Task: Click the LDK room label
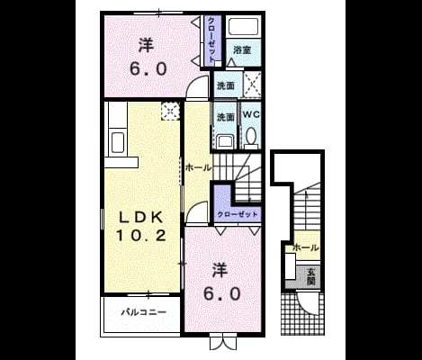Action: click(x=141, y=217)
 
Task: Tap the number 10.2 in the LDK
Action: click(x=141, y=235)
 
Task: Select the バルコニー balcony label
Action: click(x=144, y=312)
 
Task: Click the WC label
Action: click(x=251, y=114)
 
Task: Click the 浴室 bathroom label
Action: click(x=242, y=50)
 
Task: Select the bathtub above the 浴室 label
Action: click(x=243, y=27)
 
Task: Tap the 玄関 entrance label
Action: click(x=310, y=276)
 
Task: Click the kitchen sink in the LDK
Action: click(x=118, y=143)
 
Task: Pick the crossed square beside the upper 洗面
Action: click(x=252, y=85)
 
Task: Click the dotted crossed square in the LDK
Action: click(x=170, y=112)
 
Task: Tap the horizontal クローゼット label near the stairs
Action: click(x=238, y=215)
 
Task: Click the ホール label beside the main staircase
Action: click(x=198, y=168)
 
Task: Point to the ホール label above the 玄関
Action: click(x=305, y=248)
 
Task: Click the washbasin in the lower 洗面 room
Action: click(x=225, y=142)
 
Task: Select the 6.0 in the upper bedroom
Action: click(x=148, y=69)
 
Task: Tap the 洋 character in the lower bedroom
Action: click(x=220, y=270)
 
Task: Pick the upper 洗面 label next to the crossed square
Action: click(x=226, y=86)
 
